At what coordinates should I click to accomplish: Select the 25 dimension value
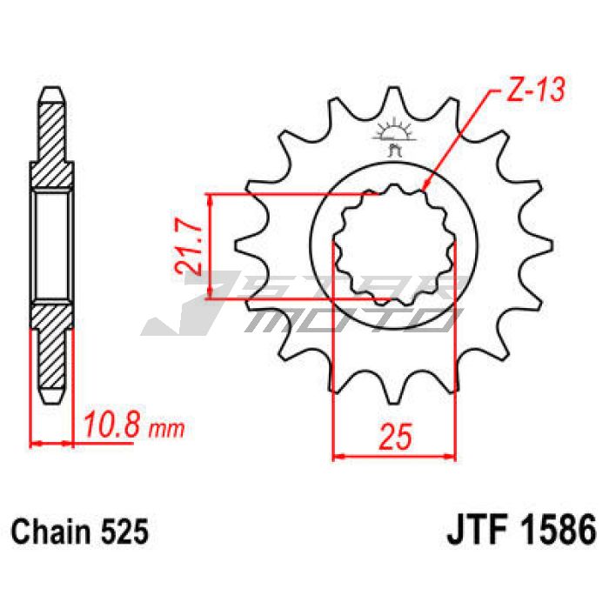[395, 437]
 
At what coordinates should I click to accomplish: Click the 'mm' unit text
[167, 429]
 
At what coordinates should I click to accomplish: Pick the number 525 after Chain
[124, 532]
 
